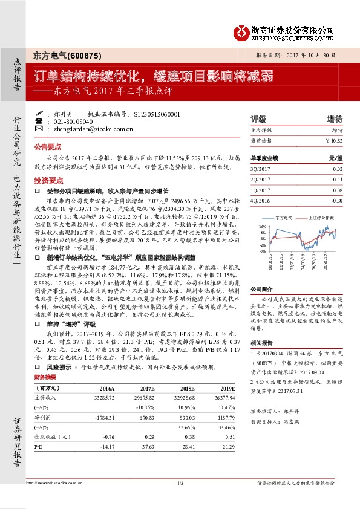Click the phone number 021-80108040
(x=74, y=121)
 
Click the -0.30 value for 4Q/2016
(x=336, y=200)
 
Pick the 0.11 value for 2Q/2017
(x=338, y=180)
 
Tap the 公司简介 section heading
(x=263, y=289)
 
